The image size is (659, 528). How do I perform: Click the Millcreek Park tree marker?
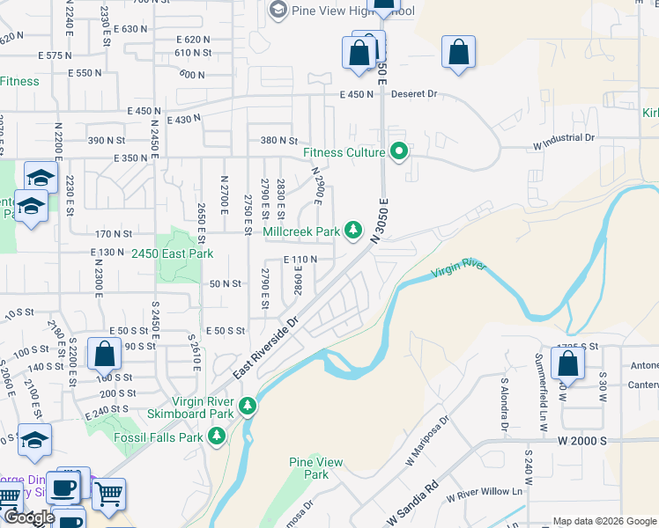click(353, 231)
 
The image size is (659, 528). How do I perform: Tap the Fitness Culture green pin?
click(399, 152)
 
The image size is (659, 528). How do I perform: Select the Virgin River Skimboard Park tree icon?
click(248, 406)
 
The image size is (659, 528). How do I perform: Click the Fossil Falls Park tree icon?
click(218, 436)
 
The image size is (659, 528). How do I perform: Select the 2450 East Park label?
click(173, 253)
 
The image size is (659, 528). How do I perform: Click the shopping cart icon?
click(108, 494)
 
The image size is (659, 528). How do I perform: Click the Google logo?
click(31, 517)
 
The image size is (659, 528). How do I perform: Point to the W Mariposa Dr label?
click(426, 443)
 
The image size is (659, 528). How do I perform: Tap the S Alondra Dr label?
click(505, 407)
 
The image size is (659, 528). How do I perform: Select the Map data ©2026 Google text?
click(603, 521)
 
